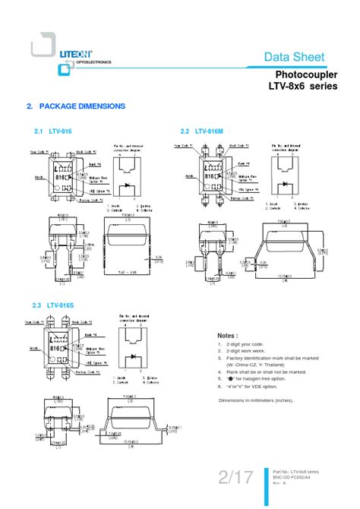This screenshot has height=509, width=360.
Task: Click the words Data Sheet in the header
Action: [x=294, y=57]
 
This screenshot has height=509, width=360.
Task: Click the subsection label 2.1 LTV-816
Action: [x=52, y=131]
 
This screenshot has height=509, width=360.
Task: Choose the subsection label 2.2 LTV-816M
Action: [x=202, y=131]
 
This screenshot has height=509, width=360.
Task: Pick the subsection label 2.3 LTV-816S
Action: [x=52, y=305]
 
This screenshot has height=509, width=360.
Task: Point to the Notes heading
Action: [x=228, y=335]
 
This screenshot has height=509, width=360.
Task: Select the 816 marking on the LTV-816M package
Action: [x=209, y=175]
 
